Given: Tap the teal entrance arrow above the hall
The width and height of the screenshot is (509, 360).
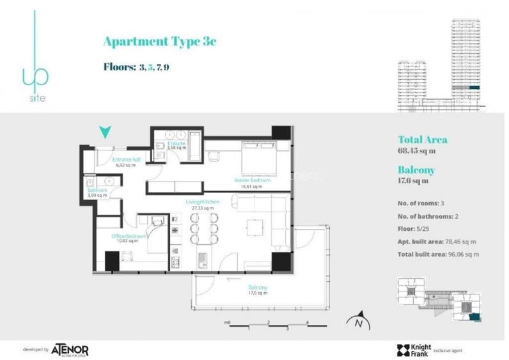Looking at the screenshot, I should (x=106, y=132).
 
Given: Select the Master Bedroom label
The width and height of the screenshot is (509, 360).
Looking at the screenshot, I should (x=252, y=180).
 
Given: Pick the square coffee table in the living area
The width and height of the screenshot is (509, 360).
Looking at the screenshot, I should (x=256, y=228).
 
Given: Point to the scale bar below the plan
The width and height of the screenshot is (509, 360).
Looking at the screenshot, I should (x=269, y=326).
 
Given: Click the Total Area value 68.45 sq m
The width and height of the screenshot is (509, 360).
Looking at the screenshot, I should (x=416, y=151).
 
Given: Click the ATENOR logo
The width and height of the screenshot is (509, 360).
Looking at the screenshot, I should (x=70, y=349).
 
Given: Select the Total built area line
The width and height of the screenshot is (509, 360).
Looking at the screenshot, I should (x=438, y=254).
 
